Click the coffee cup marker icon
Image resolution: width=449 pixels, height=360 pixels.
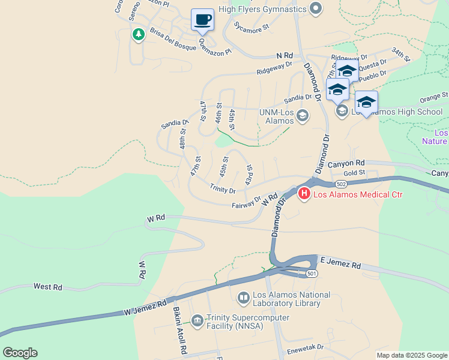tap(202, 19)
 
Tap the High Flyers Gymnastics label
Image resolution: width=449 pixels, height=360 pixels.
tap(262, 9)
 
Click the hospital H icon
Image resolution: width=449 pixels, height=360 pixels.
tap(304, 193)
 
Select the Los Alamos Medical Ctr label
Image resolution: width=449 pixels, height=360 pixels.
tap(358, 194)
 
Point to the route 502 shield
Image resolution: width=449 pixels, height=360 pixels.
tap(341, 184)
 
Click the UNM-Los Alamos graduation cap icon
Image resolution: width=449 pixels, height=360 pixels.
tap(303, 115)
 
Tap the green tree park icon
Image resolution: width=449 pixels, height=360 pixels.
tap(139, 34)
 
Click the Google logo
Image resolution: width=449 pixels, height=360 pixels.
tap(20, 353)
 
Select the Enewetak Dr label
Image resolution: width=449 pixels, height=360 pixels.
tap(305, 347)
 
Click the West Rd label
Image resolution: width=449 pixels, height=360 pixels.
tap(48, 287)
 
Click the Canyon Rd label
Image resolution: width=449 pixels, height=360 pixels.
tap(346, 163)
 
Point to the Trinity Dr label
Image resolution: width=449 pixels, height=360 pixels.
tap(223, 189)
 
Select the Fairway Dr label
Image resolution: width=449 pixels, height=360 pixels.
tap(247, 203)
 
